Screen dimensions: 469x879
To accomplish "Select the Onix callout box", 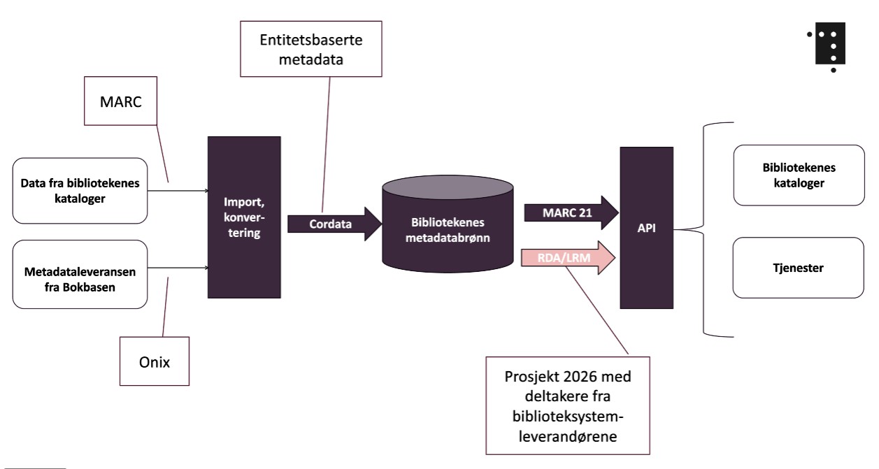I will pos(154,361).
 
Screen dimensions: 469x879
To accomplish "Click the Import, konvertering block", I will pos(244,218).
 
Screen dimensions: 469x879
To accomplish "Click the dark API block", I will pos(647,227).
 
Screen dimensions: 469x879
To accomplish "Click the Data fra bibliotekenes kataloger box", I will pos(80,190).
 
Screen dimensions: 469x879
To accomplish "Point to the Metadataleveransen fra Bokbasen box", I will pos(80,275).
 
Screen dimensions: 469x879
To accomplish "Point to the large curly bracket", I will pos(706,229).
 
